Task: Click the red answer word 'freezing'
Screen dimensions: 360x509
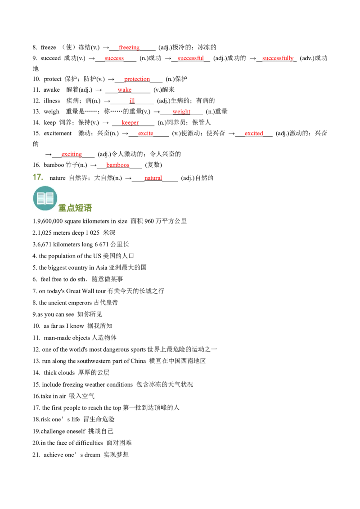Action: pos(129,47)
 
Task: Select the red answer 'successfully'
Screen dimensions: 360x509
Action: pos(278,58)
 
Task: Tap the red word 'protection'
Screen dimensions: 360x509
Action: pos(137,79)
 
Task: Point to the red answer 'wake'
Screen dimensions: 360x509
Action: pos(125,89)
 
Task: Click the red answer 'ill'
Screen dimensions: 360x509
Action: pos(132,101)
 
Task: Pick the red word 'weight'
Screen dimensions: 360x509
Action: pos(181,112)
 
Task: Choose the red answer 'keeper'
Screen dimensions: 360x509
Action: pos(130,122)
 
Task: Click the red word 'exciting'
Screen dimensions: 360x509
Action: pos(72,154)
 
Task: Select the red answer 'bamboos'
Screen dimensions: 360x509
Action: pos(117,165)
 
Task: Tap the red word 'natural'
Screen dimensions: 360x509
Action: pos(153,178)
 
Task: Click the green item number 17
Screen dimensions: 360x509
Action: pos(38,177)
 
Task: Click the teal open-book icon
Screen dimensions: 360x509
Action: pos(45,198)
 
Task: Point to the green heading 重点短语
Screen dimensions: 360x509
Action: pos(75,208)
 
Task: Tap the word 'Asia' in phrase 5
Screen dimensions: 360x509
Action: pos(101,268)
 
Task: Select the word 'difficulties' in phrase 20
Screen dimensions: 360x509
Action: pos(89,443)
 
